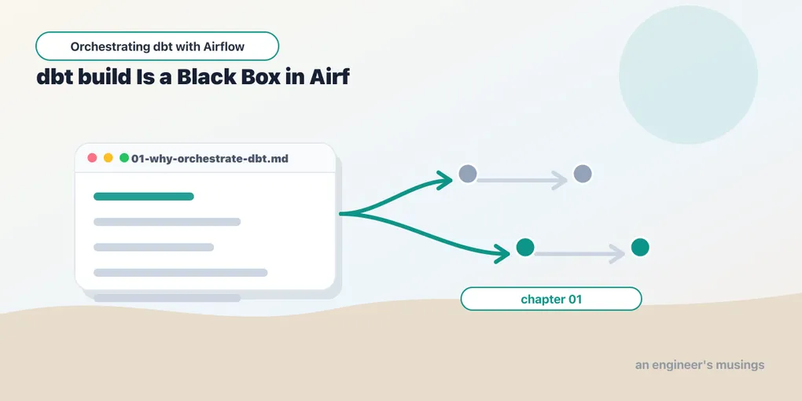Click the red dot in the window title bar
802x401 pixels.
92,157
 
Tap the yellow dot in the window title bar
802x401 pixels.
108,157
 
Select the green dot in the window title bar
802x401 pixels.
123,157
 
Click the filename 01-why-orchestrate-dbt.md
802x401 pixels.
210,159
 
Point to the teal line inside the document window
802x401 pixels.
144,197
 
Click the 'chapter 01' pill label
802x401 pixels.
551,299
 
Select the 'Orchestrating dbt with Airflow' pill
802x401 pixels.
157,46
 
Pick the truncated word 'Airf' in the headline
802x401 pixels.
329,77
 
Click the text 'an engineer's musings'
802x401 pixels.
700,365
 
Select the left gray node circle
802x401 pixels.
468,174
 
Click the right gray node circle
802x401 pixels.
583,174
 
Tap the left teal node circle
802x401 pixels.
525,248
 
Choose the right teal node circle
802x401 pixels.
640,248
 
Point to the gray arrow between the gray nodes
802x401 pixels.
522,181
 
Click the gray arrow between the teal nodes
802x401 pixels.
579,254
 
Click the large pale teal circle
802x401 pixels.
688,75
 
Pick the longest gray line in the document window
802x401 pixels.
181,273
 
